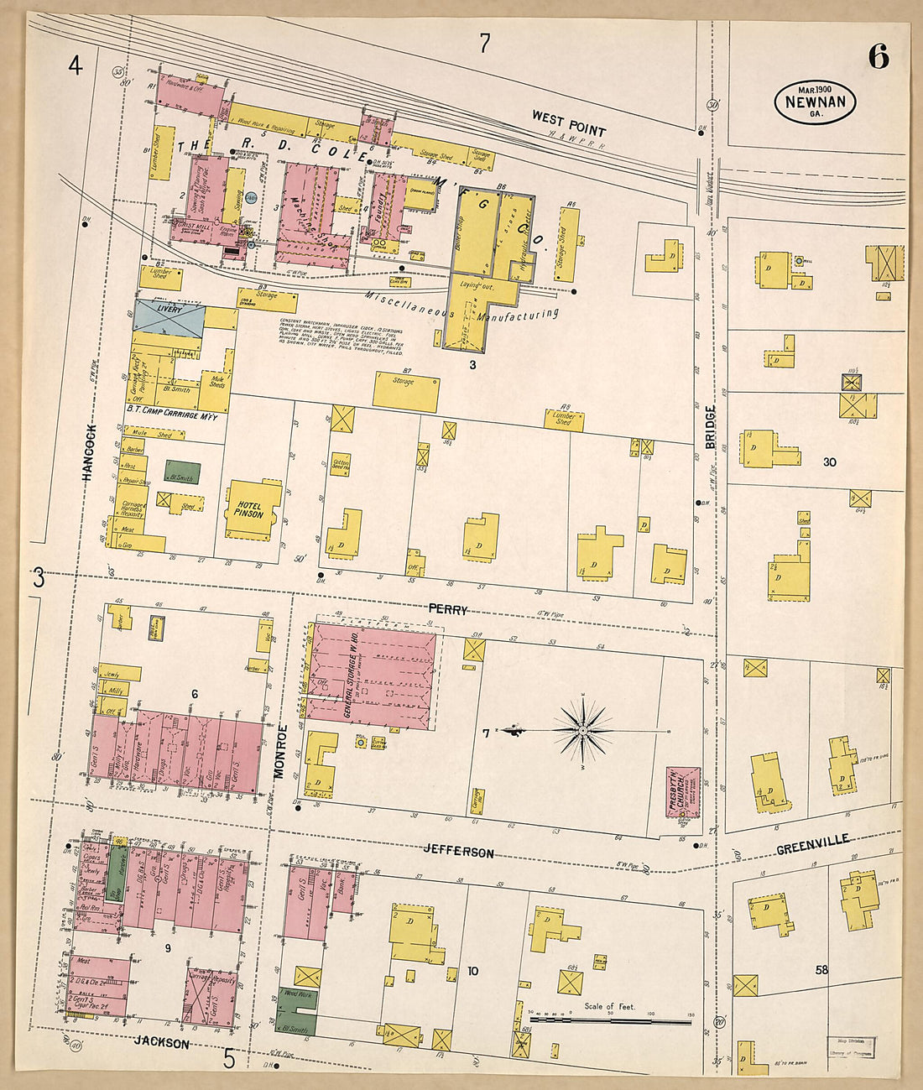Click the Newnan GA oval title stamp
[814, 102]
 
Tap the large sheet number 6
[878, 56]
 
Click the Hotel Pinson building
[250, 508]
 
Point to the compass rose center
[582, 731]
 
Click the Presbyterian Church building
[683, 790]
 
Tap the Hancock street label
[89, 452]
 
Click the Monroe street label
[281, 751]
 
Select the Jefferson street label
[458, 852]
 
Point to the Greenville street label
[811, 842]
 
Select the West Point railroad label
[568, 123]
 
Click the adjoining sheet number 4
[76, 65]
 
